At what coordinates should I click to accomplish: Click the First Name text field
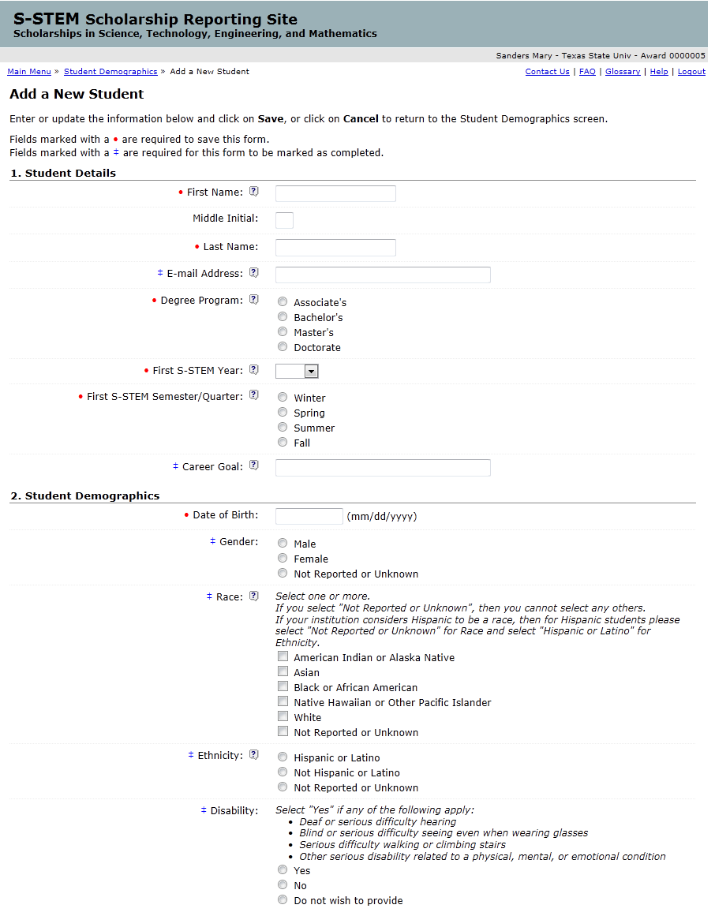pyautogui.click(x=335, y=194)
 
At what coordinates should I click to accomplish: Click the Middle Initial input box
pyautogui.click(x=284, y=220)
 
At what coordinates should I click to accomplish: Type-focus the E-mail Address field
pyautogui.click(x=383, y=275)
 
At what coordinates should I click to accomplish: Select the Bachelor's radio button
pyautogui.click(x=283, y=317)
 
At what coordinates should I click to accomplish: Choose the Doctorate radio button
pyautogui.click(x=283, y=347)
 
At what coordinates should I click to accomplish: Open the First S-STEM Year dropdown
pyautogui.click(x=297, y=371)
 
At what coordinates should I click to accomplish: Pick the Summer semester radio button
pyautogui.click(x=283, y=428)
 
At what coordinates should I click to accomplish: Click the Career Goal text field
pyautogui.click(x=383, y=468)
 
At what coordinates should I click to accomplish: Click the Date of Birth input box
pyautogui.click(x=309, y=516)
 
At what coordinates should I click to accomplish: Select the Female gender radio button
pyautogui.click(x=283, y=559)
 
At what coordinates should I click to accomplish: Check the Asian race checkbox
pyautogui.click(x=283, y=672)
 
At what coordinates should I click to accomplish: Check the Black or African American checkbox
pyautogui.click(x=283, y=687)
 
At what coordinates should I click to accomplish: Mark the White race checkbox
pyautogui.click(x=283, y=717)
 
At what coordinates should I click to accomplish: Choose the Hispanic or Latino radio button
pyautogui.click(x=283, y=757)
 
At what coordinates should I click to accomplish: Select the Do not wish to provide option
pyautogui.click(x=283, y=900)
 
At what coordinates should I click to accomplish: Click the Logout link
pyautogui.click(x=691, y=72)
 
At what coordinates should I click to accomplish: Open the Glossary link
pyautogui.click(x=623, y=72)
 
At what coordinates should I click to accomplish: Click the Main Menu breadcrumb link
pyautogui.click(x=29, y=72)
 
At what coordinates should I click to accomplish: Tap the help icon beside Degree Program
pyautogui.click(x=254, y=300)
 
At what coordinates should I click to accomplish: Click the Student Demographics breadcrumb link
pyautogui.click(x=110, y=72)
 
